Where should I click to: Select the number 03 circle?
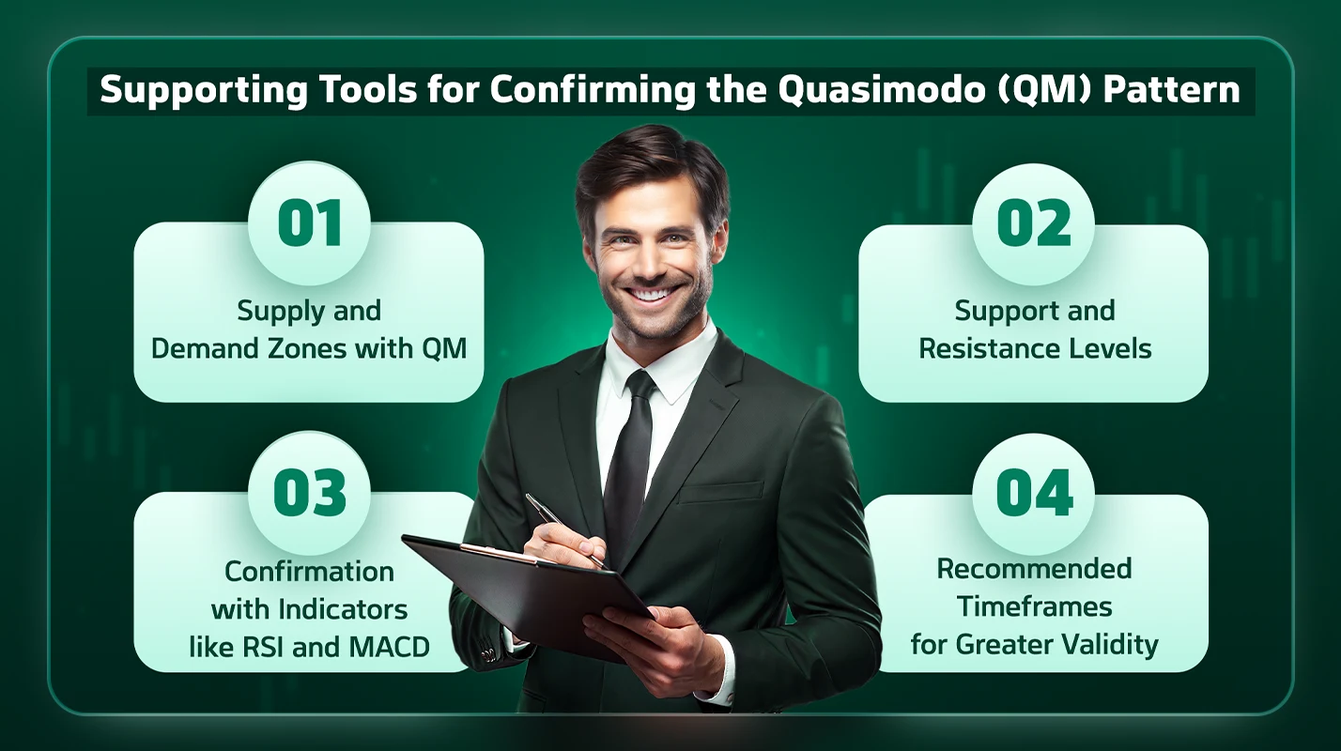(x=309, y=493)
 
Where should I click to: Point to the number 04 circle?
(x=1033, y=494)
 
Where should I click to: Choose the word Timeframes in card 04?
(x=1034, y=606)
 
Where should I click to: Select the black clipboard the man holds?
(x=526, y=587)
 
